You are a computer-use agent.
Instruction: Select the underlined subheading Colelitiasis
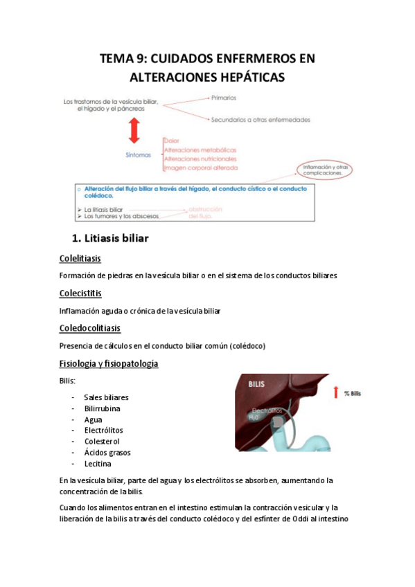[80, 259]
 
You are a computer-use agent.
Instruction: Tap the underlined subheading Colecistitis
[80, 293]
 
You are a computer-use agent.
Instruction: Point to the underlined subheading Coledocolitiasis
[89, 327]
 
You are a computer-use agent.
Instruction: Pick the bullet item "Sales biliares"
[106, 397]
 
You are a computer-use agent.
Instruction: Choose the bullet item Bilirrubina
[103, 408]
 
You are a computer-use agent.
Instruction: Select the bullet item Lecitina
[98, 464]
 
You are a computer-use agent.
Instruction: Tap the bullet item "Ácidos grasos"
[107, 453]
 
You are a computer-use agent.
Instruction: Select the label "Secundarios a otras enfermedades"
[261, 120]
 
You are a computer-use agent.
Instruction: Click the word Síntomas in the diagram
[137, 155]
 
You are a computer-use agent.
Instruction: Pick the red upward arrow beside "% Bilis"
[336, 393]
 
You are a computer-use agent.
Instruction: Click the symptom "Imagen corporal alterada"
[201, 168]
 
